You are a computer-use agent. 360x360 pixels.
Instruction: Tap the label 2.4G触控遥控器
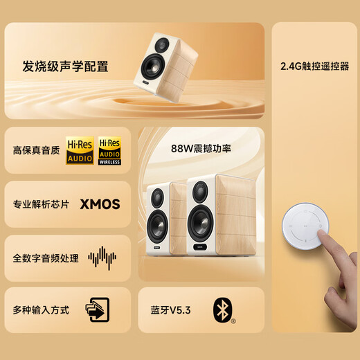(314, 67)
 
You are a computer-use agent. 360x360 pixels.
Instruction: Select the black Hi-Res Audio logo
(80, 150)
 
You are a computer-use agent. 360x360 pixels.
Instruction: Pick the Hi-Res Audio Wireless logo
(109, 150)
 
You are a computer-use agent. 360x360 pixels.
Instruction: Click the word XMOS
(100, 204)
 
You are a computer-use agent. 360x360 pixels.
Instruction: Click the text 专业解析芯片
(41, 204)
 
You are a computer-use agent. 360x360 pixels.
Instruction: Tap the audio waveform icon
(102, 258)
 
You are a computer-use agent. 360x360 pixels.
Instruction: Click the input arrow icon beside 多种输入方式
(97, 310)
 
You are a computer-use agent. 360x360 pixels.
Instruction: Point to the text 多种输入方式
(41, 310)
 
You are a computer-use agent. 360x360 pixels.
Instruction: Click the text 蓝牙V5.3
(169, 310)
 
